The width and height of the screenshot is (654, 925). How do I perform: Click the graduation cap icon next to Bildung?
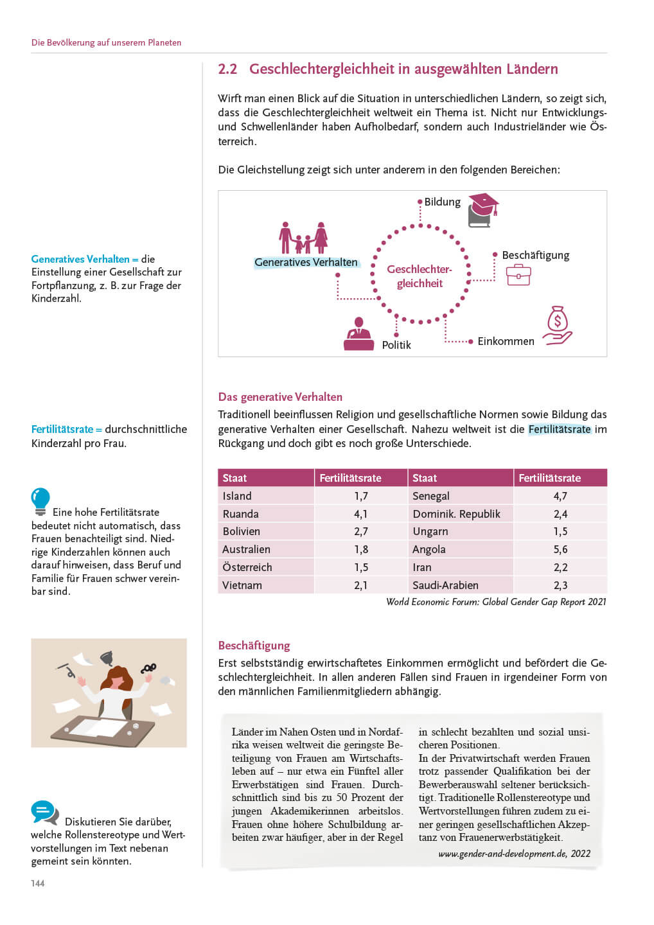483,209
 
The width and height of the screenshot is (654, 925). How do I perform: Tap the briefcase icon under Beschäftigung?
518,275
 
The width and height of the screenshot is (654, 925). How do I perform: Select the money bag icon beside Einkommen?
557,325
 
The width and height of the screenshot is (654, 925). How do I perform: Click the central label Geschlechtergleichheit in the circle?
420,276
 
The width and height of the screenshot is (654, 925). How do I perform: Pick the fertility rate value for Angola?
560,549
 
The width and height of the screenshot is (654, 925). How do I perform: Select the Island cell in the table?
237,496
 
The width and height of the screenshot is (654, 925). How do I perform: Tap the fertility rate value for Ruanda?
361,514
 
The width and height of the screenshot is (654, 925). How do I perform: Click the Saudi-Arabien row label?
445,585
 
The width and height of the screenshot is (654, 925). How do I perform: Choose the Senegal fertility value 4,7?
560,496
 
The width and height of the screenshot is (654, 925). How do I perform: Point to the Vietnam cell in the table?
242,585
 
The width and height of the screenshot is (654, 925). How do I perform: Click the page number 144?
38,883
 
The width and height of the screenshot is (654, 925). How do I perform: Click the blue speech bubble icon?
44,812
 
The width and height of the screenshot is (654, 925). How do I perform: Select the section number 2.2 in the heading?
227,69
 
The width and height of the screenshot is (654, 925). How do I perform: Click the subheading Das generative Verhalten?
280,397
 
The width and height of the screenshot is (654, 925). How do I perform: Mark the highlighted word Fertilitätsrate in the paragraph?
559,429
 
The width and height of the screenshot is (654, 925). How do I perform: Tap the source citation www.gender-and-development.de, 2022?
514,854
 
